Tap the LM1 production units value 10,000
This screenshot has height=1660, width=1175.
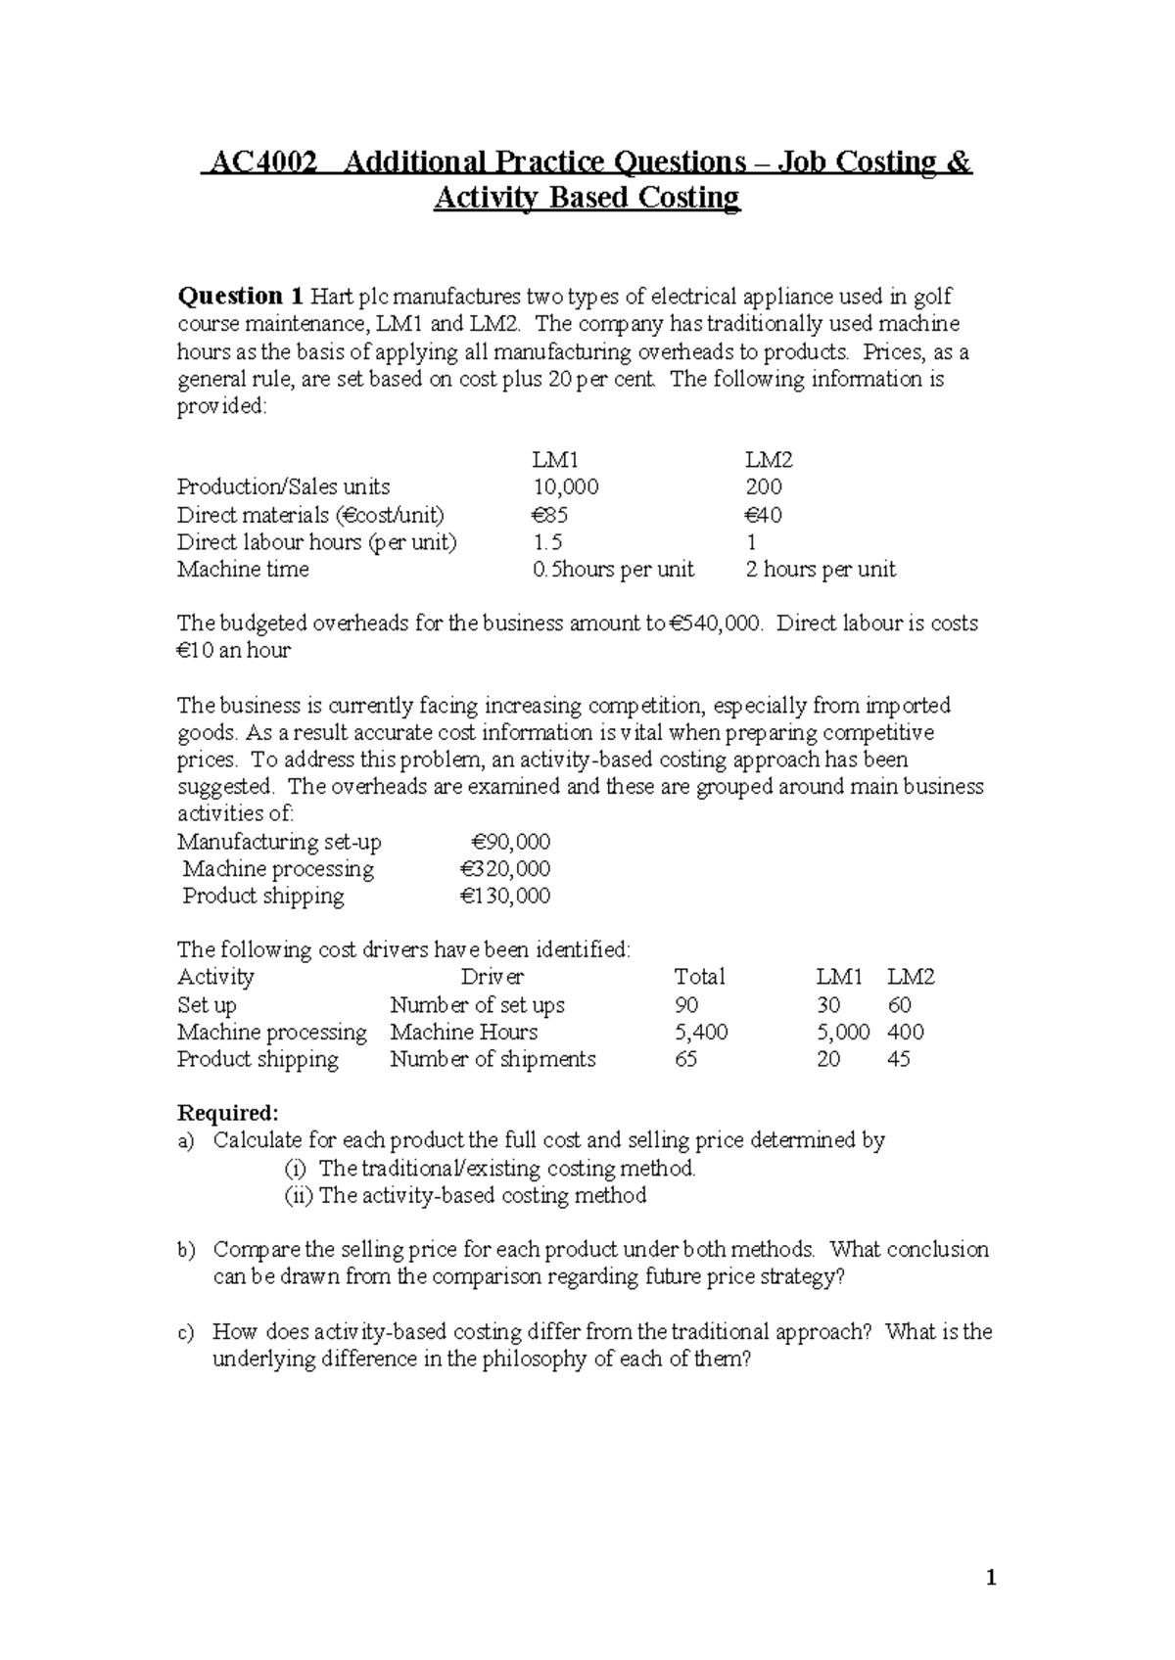(565, 487)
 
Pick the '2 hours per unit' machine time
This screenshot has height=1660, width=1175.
(820, 570)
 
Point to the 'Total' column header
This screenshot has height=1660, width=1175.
(699, 977)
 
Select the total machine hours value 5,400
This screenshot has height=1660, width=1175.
(701, 1032)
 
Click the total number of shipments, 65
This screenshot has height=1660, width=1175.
(685, 1059)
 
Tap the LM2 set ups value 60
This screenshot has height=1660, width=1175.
(899, 1005)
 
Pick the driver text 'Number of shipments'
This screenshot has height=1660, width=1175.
(493, 1059)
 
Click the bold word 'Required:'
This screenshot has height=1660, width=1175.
(227, 1113)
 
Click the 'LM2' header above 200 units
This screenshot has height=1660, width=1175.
(769, 460)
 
